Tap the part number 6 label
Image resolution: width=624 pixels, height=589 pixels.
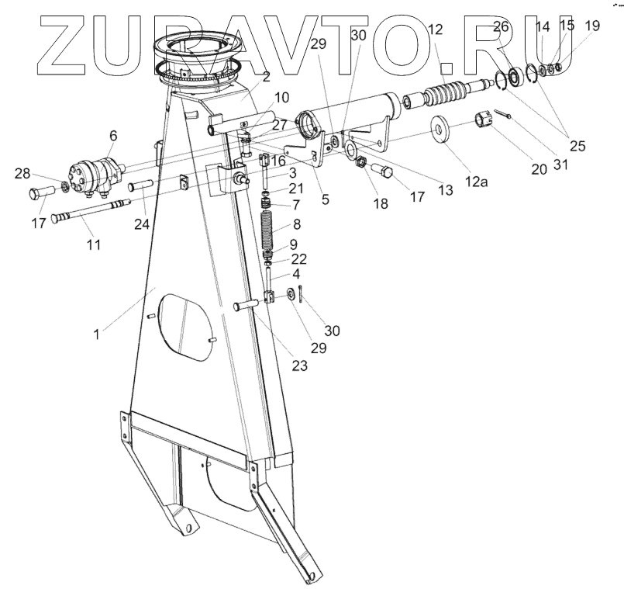point(113,135)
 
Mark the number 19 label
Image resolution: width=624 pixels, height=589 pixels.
point(591,26)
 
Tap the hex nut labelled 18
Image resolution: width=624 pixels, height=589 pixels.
point(359,163)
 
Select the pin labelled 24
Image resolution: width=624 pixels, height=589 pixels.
point(141,186)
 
